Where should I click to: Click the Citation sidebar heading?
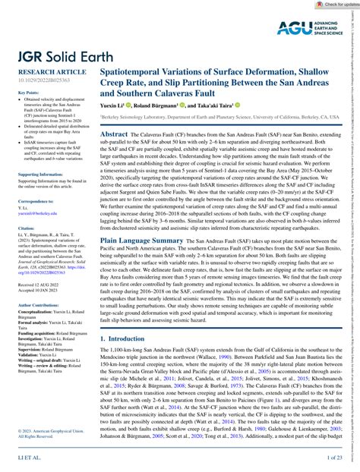point(26,249)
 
